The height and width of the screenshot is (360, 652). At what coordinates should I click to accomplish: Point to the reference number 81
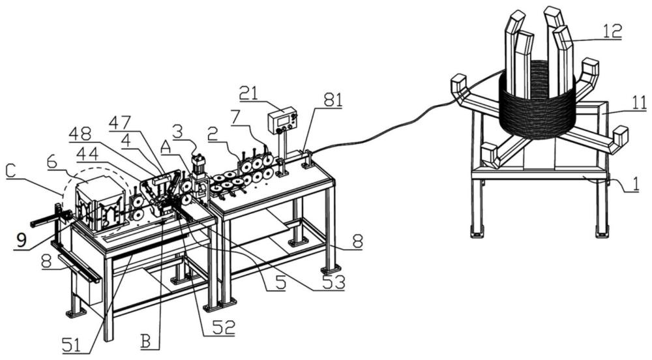tap(332, 100)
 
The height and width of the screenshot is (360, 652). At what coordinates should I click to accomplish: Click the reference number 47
tap(119, 122)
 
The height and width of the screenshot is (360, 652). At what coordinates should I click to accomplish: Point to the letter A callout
tap(165, 147)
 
